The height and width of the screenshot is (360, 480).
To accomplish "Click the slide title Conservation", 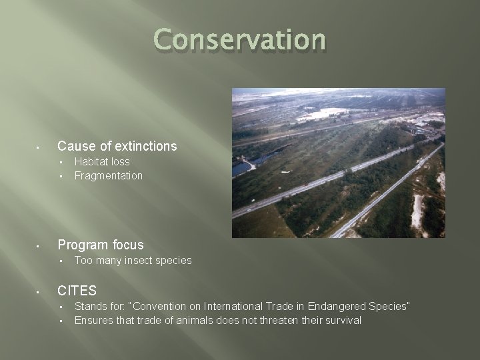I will pyautogui.click(x=240, y=40).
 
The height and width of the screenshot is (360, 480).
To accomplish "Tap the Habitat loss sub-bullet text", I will pyautogui.click(x=102, y=162).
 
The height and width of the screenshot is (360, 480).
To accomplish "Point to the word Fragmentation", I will pyautogui.click(x=109, y=176).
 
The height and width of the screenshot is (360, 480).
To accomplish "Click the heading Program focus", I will pyautogui.click(x=101, y=245).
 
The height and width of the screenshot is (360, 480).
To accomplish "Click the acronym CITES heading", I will pyautogui.click(x=77, y=291).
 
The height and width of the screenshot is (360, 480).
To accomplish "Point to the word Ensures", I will pyautogui.click(x=93, y=321).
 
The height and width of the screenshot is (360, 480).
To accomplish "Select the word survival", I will pyautogui.click(x=341, y=321).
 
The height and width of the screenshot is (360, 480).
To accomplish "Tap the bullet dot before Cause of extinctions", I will pyautogui.click(x=39, y=147).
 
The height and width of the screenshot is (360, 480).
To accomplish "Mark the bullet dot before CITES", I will pyautogui.click(x=39, y=291).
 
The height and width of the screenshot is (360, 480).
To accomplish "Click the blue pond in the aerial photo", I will pyautogui.click(x=241, y=167).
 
